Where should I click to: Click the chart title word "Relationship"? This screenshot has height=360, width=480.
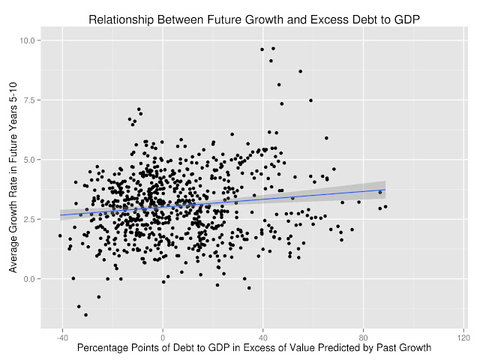[x=122, y=20]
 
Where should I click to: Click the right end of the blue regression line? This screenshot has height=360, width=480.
[x=385, y=190]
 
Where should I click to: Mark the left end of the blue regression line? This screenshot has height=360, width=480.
[x=60, y=215]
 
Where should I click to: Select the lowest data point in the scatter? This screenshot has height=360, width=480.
[x=85, y=315]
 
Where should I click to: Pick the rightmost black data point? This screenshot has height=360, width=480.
[x=385, y=206]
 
